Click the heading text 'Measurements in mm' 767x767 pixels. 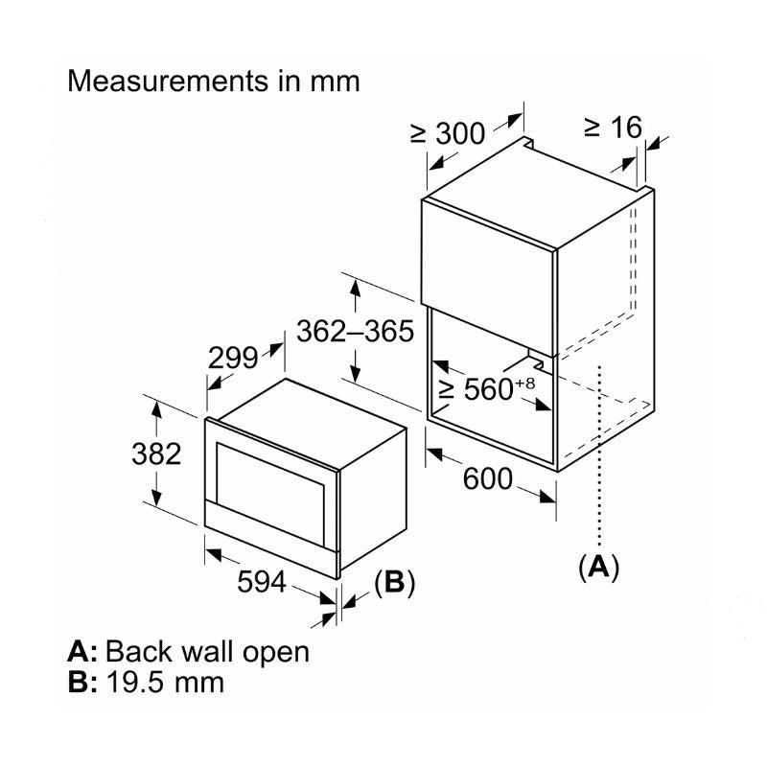click(x=214, y=81)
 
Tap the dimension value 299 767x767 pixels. click(x=234, y=358)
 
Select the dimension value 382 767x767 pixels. click(x=156, y=453)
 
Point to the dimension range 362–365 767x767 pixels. click(x=355, y=331)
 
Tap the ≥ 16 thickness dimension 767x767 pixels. click(x=612, y=127)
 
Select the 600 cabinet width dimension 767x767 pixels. click(x=487, y=476)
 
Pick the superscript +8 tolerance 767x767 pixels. click(x=523, y=383)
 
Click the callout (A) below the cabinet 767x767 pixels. click(x=599, y=566)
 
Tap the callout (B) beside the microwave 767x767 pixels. click(x=394, y=583)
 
